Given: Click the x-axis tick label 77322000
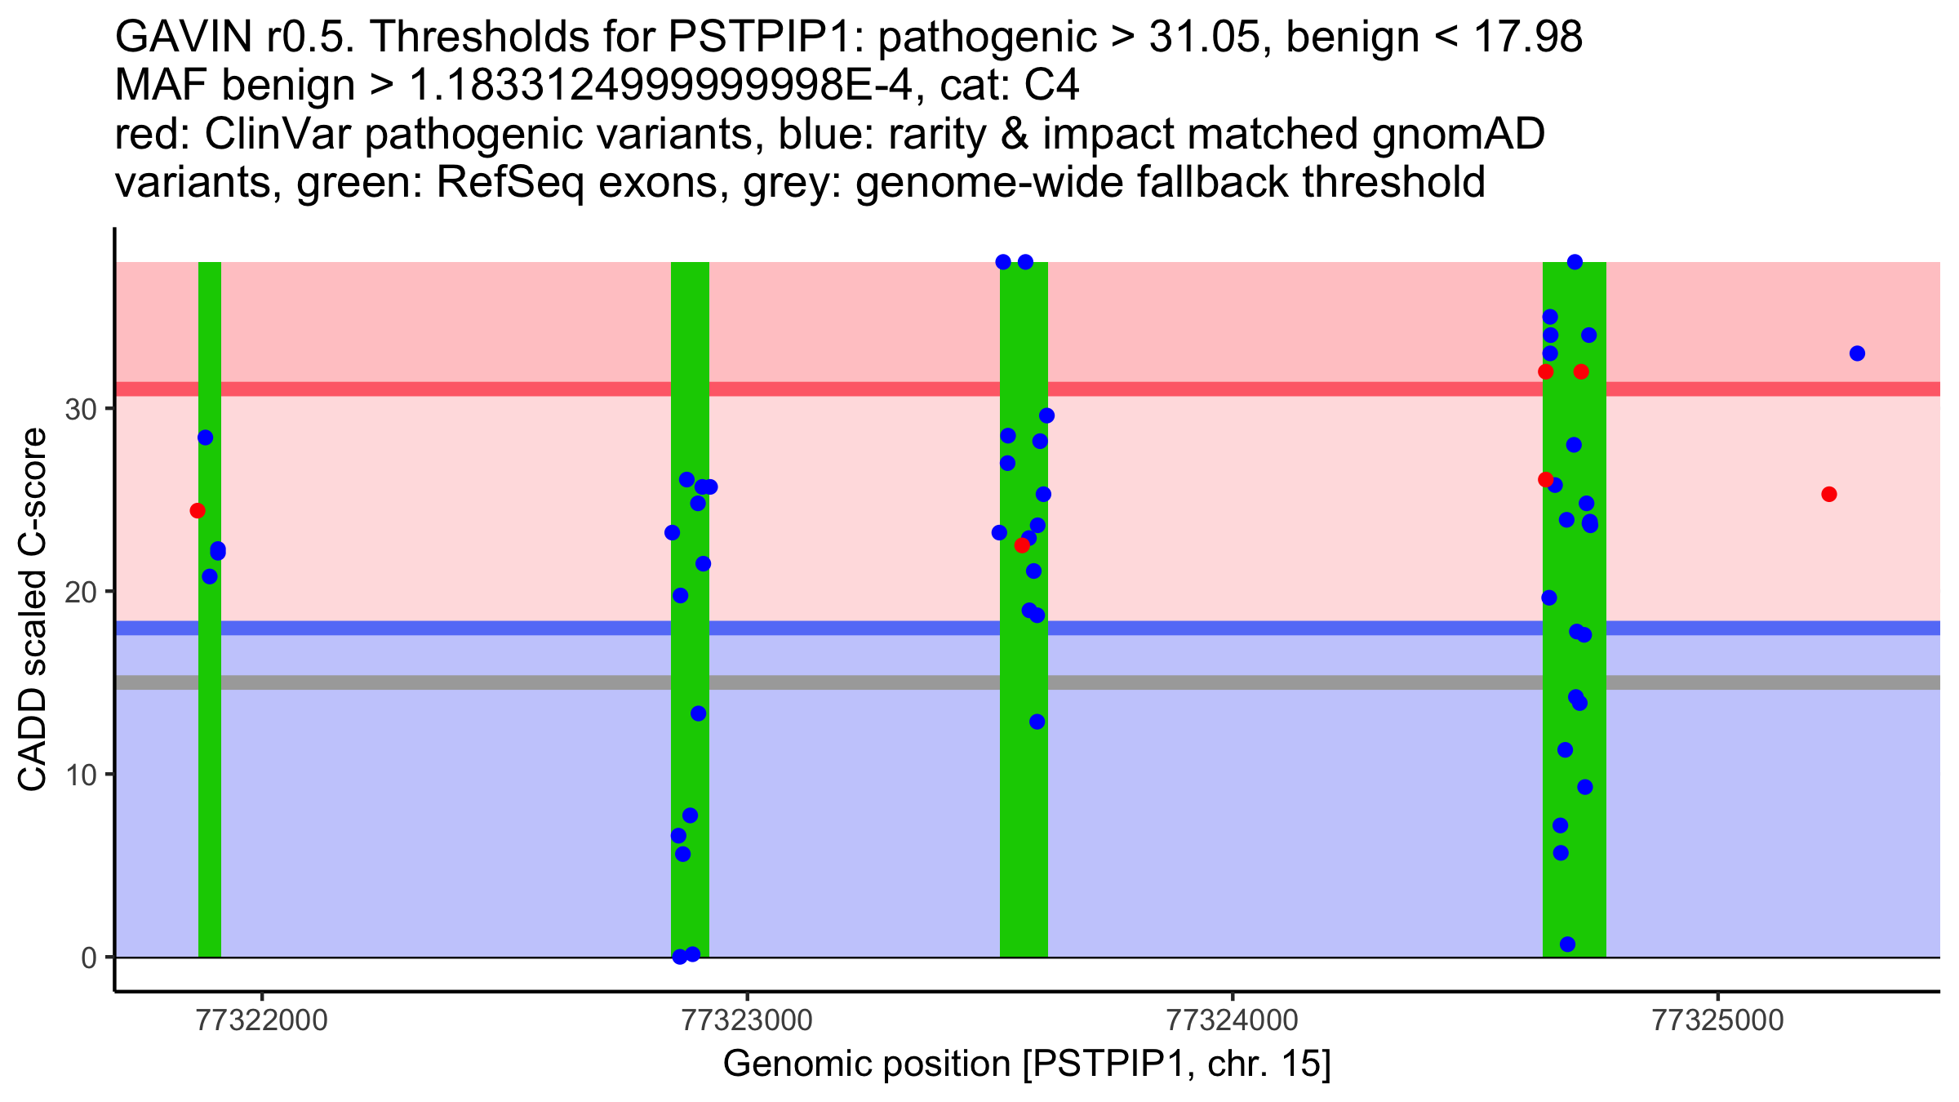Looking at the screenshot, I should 262,1020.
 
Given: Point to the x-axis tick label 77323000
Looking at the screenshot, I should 748,1020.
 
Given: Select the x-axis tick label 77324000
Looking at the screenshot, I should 1232,1020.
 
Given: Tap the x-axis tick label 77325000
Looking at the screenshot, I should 1718,1020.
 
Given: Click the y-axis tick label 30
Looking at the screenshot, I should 81,409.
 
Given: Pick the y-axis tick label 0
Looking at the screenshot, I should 89,958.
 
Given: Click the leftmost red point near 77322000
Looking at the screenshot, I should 198,511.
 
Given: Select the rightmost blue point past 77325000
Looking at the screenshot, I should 1857,353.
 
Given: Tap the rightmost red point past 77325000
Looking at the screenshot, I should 1829,495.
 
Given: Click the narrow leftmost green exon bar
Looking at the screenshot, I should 210,735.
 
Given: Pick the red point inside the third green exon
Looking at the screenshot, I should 1022,545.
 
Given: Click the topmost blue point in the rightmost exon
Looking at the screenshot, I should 1575,262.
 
